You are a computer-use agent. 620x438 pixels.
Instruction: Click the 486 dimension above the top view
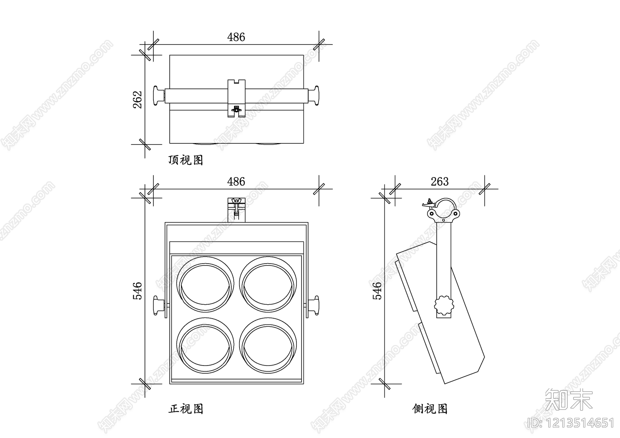pos(236,37)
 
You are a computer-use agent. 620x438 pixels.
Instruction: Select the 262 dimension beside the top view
pos(138,99)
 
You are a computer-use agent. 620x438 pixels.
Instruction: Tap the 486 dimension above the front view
pos(236,181)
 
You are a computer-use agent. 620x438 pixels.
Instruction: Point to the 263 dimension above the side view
pos(439,181)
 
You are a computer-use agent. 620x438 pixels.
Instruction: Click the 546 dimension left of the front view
pos(138,291)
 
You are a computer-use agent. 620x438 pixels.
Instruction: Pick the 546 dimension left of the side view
pos(377,291)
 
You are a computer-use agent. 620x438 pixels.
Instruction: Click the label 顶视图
pos(186,160)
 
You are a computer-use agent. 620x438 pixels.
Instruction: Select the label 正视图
pos(186,409)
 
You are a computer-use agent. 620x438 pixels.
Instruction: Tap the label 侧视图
pos(430,409)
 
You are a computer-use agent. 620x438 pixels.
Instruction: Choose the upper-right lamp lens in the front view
pos(267,284)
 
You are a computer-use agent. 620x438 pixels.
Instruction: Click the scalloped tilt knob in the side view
pos(444,307)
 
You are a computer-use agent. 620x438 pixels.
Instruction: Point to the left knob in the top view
pos(158,95)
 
